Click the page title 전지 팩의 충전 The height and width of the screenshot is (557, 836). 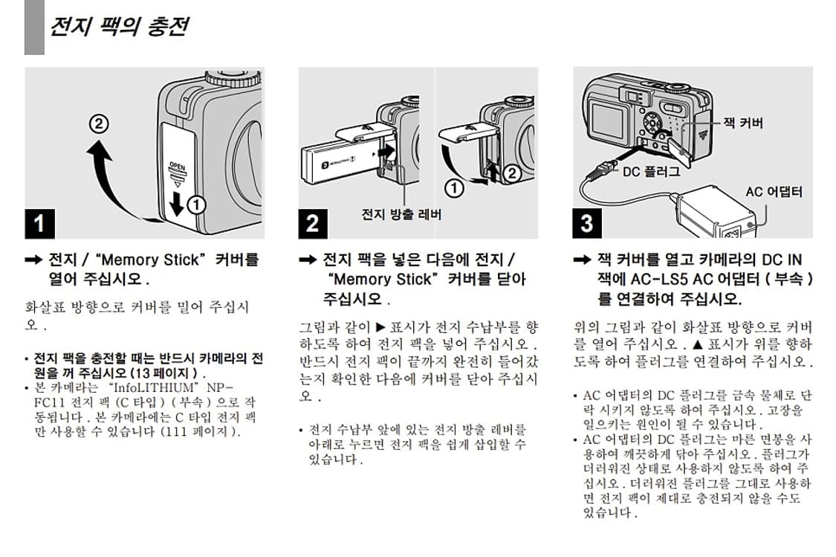[117, 27]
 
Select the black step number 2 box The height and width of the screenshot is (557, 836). [313, 222]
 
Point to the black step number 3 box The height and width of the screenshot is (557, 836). [587, 222]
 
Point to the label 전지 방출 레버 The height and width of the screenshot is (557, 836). [401, 214]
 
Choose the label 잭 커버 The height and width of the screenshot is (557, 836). [742, 123]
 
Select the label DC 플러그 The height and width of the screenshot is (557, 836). [650, 171]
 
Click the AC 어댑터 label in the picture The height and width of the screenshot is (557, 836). [774, 192]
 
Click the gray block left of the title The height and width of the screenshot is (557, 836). [34, 28]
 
